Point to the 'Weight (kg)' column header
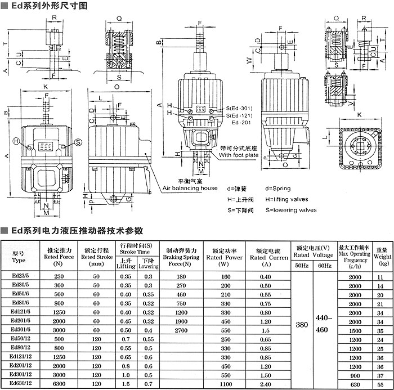(383, 255)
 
